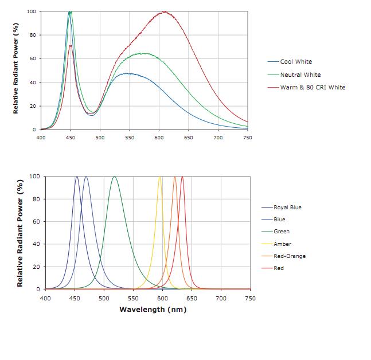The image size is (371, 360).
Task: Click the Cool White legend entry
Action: (296, 61)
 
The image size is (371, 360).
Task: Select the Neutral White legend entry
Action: (300, 75)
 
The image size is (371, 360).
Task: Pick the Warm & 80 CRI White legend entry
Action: (313, 87)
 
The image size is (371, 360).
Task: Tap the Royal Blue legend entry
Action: (287, 208)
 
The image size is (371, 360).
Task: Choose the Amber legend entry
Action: (282, 244)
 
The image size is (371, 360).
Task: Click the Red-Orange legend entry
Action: (289, 256)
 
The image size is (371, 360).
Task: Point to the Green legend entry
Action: (282, 232)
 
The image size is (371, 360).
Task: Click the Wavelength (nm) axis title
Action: (153, 310)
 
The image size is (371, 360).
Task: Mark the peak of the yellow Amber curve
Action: (160, 177)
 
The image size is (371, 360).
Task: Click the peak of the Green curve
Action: (115, 177)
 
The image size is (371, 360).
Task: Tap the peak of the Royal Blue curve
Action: (77, 177)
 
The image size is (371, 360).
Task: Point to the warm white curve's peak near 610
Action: (165, 12)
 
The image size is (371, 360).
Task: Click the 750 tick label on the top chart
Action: (248, 138)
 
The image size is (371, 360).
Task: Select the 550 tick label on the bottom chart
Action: (133, 298)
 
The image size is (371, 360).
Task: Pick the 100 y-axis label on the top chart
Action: (31, 11)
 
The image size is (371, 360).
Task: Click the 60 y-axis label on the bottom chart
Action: (37, 222)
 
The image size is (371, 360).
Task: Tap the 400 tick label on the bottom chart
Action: (45, 298)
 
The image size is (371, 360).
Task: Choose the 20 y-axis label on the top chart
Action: (32, 106)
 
